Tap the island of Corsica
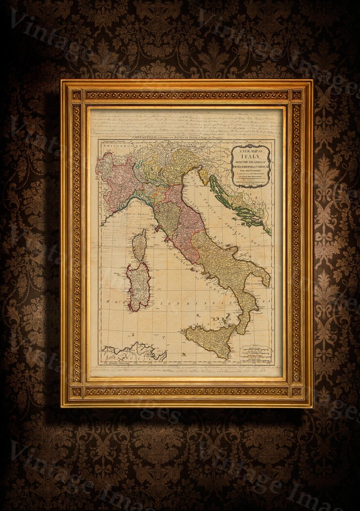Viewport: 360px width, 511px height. pos(139,245)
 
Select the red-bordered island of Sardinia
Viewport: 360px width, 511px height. pos(138,286)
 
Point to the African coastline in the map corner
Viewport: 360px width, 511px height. pos(131,352)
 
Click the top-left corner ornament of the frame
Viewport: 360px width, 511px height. pos(76,95)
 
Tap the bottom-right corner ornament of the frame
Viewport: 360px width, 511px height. pos(297,391)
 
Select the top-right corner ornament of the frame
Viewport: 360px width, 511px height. pos(297,95)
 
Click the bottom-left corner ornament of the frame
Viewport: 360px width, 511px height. pos(76,391)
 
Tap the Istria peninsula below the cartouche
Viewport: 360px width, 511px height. pos(203,175)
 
